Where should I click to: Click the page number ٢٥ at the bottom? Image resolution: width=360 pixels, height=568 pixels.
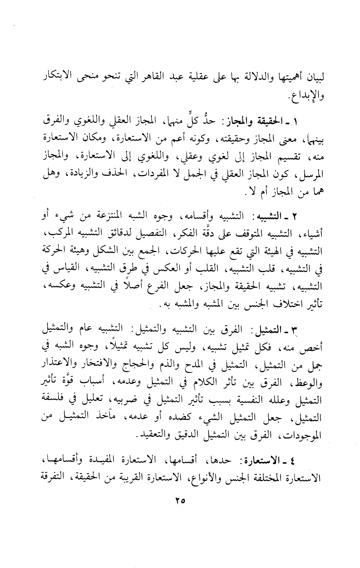click(180, 500)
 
